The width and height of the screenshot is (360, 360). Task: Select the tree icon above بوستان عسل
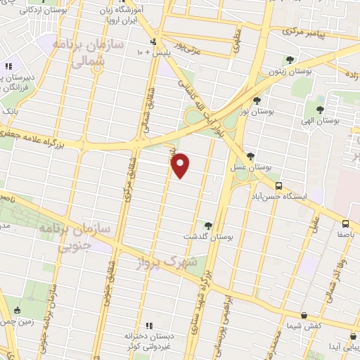pyautogui.click(x=251, y=156)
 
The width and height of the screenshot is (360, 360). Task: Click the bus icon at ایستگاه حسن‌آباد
pyautogui.click(x=279, y=186)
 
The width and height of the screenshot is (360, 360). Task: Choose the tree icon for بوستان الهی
pyautogui.click(x=320, y=109)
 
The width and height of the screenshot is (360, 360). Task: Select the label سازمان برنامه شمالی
pyautogui.click(x=98, y=53)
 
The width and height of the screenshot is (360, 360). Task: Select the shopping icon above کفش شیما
pyautogui.click(x=303, y=316)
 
